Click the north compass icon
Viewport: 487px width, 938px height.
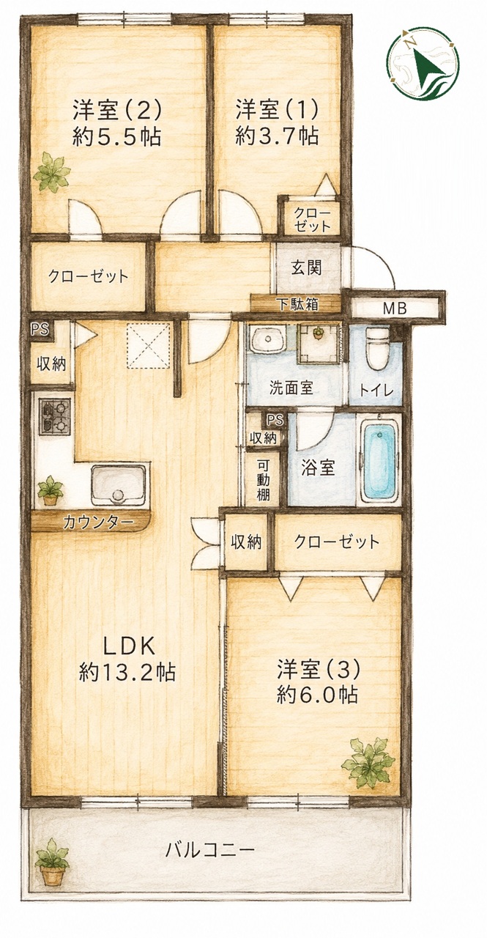point(423,64)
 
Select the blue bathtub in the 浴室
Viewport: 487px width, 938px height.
point(378,459)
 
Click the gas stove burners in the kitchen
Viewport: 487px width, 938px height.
point(56,416)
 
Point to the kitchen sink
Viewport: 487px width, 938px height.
point(119,485)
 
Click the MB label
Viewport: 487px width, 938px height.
point(395,309)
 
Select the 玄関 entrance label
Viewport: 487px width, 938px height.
point(307,267)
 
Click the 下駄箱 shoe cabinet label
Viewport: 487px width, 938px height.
point(299,304)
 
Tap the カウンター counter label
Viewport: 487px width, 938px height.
point(98,522)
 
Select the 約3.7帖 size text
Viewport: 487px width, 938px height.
point(277,136)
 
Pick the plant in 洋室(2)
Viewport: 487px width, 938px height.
point(51,172)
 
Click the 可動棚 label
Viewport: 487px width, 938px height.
point(263,480)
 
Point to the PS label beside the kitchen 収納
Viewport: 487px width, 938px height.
point(40,329)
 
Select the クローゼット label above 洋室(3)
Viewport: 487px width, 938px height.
point(337,542)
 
